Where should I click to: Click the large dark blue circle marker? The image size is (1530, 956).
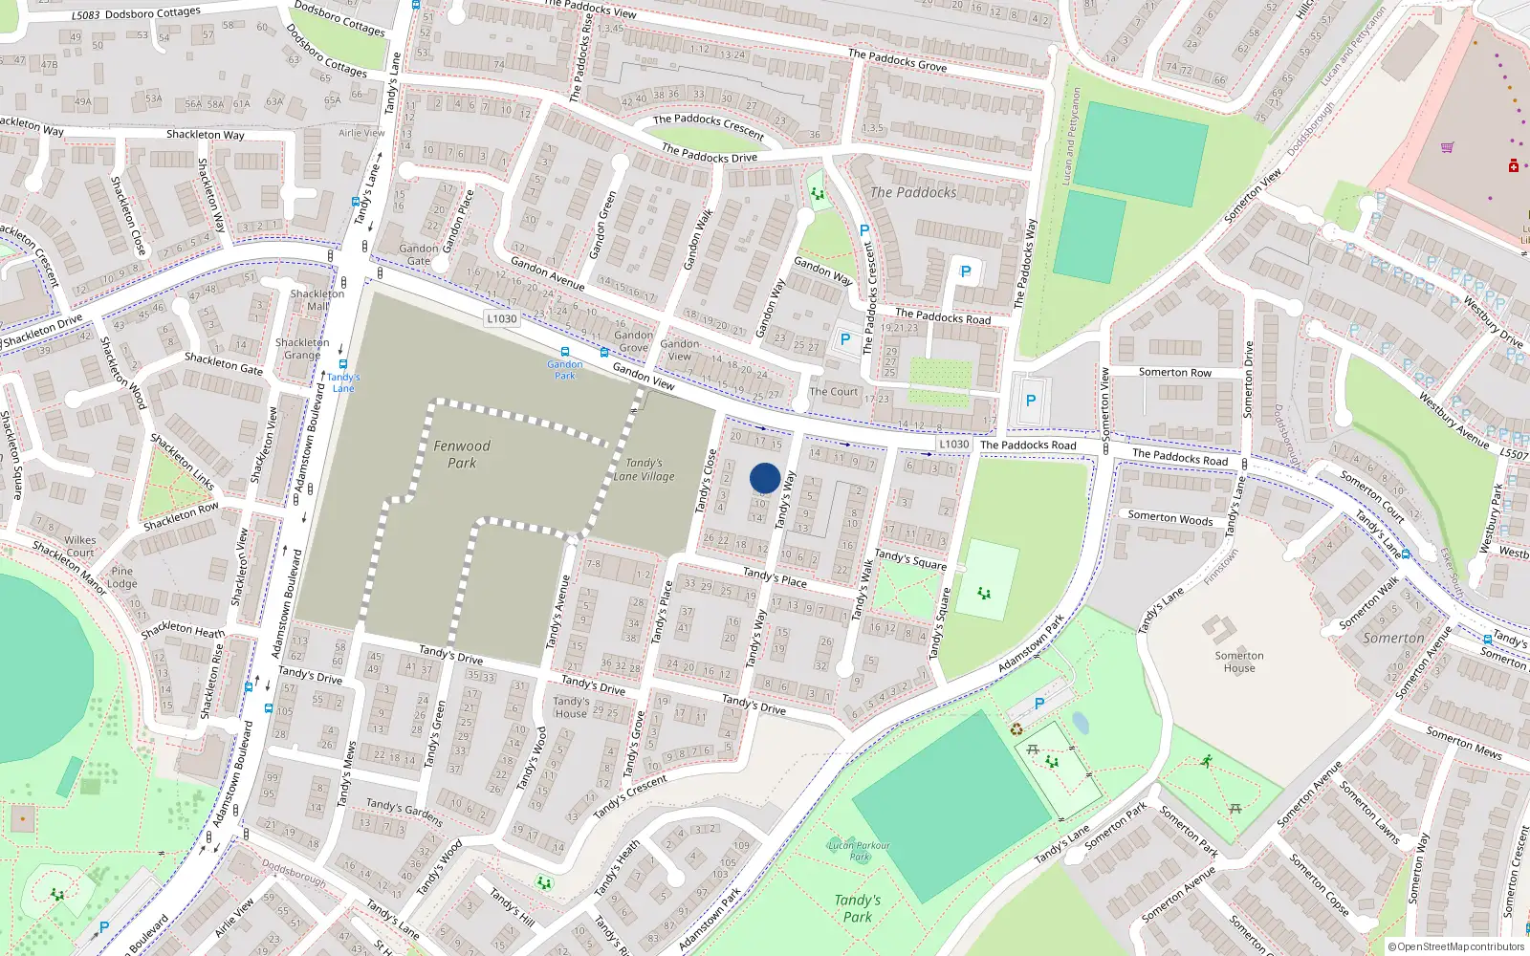pyautogui.click(x=765, y=478)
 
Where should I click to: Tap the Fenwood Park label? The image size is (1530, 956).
pyautogui.click(x=462, y=454)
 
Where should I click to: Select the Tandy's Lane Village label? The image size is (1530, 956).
pyautogui.click(x=645, y=469)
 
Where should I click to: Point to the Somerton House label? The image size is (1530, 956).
pyautogui.click(x=1239, y=662)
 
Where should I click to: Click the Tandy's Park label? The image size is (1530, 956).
pyautogui.click(x=857, y=908)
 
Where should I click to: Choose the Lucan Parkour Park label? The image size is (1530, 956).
pyautogui.click(x=859, y=850)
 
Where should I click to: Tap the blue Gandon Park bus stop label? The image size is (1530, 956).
pyautogui.click(x=565, y=369)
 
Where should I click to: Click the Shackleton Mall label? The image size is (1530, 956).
pyautogui.click(x=317, y=300)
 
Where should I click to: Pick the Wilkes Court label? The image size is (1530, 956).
pyautogui.click(x=80, y=546)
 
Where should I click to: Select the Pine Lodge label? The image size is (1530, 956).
pyautogui.click(x=121, y=577)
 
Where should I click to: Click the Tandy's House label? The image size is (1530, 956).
pyautogui.click(x=571, y=706)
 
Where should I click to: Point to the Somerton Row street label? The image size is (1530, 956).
pyautogui.click(x=1174, y=373)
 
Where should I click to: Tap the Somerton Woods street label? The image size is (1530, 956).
pyautogui.click(x=1169, y=518)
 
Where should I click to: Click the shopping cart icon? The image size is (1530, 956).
pyautogui.click(x=1447, y=147)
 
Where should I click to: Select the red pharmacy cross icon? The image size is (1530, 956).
pyautogui.click(x=1514, y=167)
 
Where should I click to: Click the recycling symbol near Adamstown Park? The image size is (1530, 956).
pyautogui.click(x=1016, y=729)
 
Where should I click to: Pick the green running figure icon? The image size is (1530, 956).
pyautogui.click(x=1207, y=761)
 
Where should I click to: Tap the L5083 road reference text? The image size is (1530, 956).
pyautogui.click(x=85, y=16)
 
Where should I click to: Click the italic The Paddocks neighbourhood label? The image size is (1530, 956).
pyautogui.click(x=913, y=192)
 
